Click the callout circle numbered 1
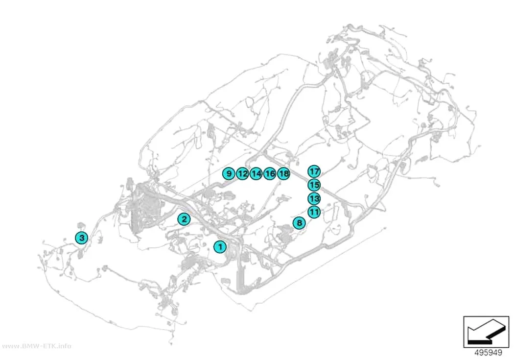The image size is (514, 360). tap(220, 246)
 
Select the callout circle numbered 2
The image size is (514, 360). tap(184, 219)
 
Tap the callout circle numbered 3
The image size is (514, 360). tap(81, 238)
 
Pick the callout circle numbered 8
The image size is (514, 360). tap(299, 223)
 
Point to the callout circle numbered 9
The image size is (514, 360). tap(229, 173)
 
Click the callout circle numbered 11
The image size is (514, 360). tap(314, 212)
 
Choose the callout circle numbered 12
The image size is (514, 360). tap(242, 173)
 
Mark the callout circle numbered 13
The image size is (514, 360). tap(314, 198)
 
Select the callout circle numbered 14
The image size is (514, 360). tap(256, 173)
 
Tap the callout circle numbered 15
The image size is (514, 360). tap(314, 185)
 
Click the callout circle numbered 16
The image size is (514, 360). tap(270, 173)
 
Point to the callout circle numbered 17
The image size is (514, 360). tap(314, 171)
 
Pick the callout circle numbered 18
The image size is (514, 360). tap(284, 173)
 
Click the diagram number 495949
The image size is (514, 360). tap(488, 353)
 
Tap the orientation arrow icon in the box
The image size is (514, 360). tap(486, 332)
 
